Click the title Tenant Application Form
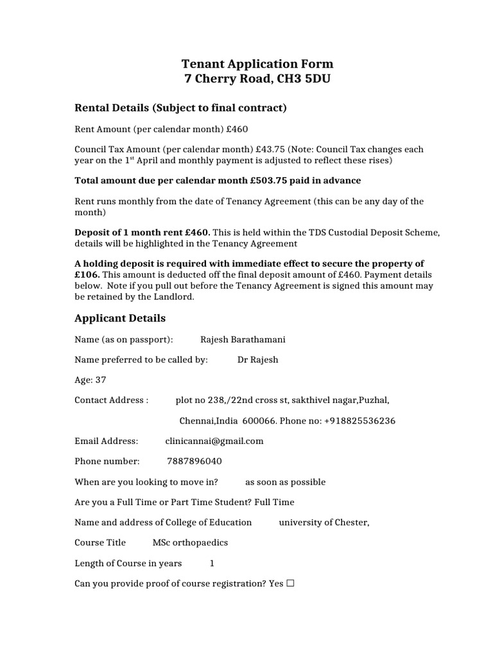point(257,64)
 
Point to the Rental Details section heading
point(180,107)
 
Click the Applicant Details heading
point(120,318)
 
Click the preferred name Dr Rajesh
point(258,360)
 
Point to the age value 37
point(100,380)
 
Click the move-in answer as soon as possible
point(286,482)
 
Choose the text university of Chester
point(324,522)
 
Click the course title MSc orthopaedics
point(190,542)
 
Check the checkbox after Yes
point(290,583)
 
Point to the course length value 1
point(212,563)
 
